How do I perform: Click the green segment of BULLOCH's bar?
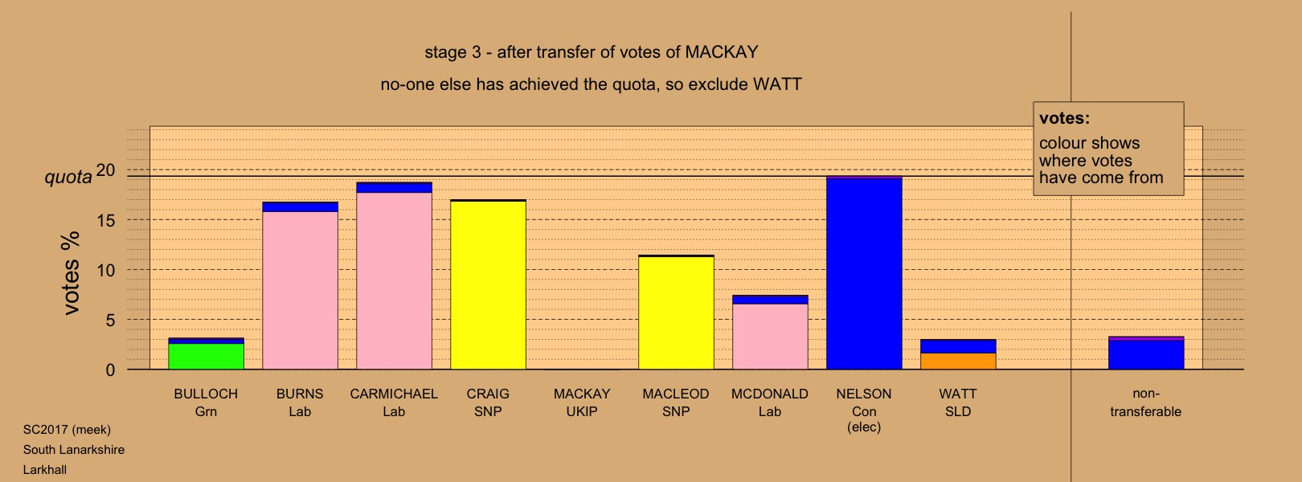click(x=207, y=356)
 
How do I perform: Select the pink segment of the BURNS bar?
click(x=300, y=290)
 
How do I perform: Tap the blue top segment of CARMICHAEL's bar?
click(x=394, y=187)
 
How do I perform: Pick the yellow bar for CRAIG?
click(x=489, y=285)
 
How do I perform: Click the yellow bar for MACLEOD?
click(x=676, y=313)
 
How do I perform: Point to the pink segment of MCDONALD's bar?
click(x=770, y=337)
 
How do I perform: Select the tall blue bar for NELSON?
click(x=864, y=273)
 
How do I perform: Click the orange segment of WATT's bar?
click(x=959, y=361)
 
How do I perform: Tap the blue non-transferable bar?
click(x=1146, y=355)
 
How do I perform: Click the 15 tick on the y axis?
click(x=106, y=221)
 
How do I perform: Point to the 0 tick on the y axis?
click(x=110, y=370)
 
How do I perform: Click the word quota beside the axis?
click(x=68, y=177)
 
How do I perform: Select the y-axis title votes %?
click(x=71, y=273)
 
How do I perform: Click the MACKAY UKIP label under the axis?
click(x=582, y=402)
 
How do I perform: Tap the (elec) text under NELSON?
click(x=864, y=427)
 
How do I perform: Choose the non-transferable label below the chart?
click(x=1145, y=402)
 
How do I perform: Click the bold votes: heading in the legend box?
click(x=1064, y=118)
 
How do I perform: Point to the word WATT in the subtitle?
click(x=777, y=84)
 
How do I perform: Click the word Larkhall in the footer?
click(x=45, y=470)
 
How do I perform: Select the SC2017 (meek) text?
click(x=67, y=430)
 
